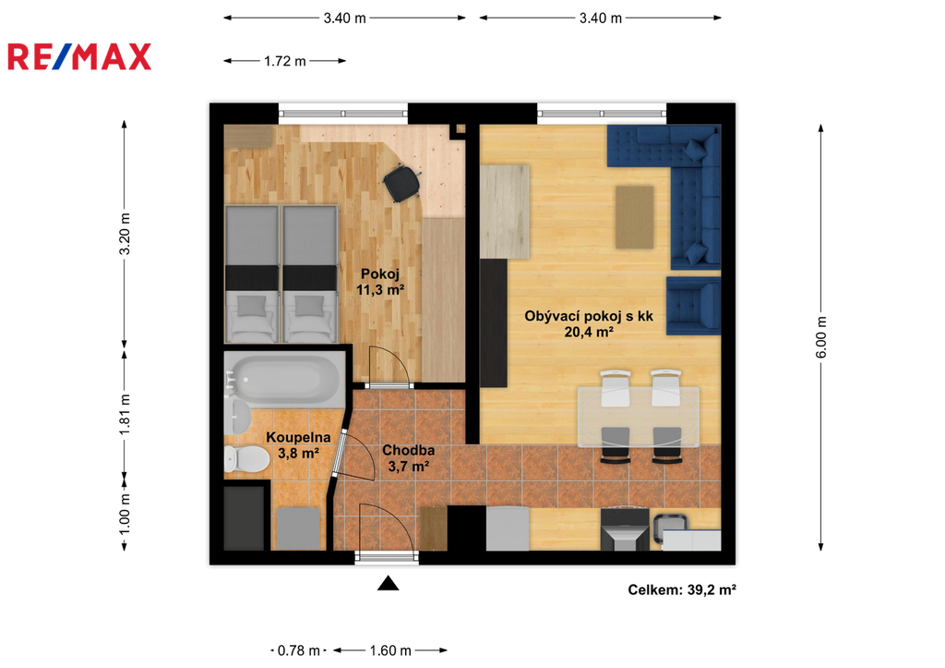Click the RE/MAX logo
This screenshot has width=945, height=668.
pos(79,56)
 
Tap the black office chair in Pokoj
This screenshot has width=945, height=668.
pos(401,183)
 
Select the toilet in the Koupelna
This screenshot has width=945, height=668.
pos(246,459)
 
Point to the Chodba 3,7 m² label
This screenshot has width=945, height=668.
pos(409,458)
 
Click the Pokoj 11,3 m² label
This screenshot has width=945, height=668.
pos(380,282)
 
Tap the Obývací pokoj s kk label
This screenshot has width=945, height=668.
pos(589,316)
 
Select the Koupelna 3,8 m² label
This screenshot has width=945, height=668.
pos(298,444)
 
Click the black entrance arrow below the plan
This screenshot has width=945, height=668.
pos(389,583)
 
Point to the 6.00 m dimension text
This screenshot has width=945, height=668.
pos(821,336)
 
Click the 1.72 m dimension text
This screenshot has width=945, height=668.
pos(285,61)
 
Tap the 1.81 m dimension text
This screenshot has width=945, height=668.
pos(125,414)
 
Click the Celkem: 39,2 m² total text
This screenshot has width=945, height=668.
pos(682,589)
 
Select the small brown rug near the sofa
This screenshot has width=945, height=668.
pos(635,217)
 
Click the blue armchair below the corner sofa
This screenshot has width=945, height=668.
pos(694,305)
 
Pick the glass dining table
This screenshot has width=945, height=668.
pos(639,417)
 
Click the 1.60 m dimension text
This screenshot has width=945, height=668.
pos(390,650)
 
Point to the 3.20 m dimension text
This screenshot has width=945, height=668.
pos(125,234)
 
